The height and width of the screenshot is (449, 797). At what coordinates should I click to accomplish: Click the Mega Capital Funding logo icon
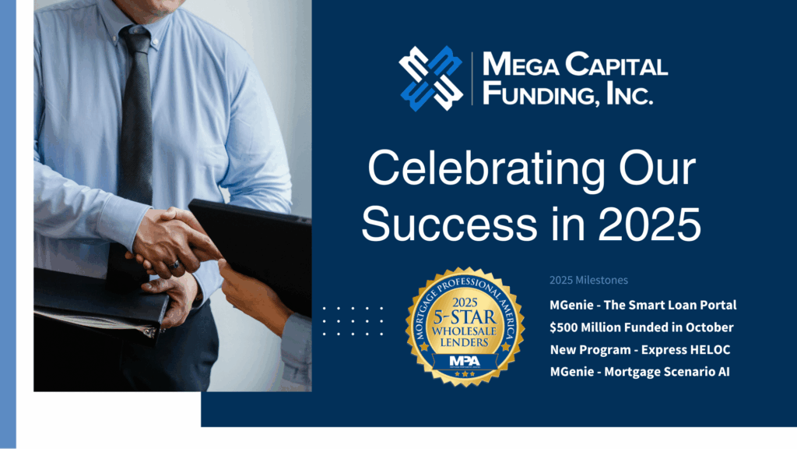(x=430, y=77)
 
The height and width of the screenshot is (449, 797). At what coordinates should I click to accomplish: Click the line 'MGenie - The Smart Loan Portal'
(x=643, y=305)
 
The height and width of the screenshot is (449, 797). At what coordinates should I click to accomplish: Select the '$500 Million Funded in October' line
(x=641, y=327)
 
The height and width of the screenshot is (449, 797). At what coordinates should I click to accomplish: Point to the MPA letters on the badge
(x=465, y=362)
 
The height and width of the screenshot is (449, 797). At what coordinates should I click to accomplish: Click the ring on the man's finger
(x=177, y=264)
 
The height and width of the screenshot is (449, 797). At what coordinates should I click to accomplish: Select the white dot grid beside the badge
(x=353, y=320)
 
